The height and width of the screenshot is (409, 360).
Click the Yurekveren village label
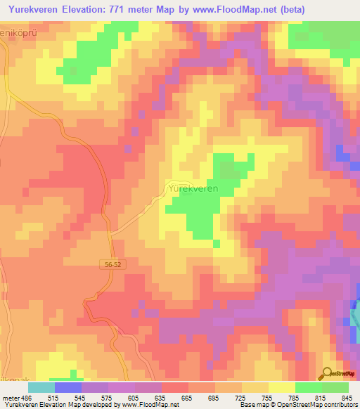tap(192, 189)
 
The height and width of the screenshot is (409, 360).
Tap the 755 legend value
tap(266, 397)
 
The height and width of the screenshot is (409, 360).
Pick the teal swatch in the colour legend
tap(41, 387)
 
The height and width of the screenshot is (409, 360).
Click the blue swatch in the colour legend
tap(68, 387)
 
